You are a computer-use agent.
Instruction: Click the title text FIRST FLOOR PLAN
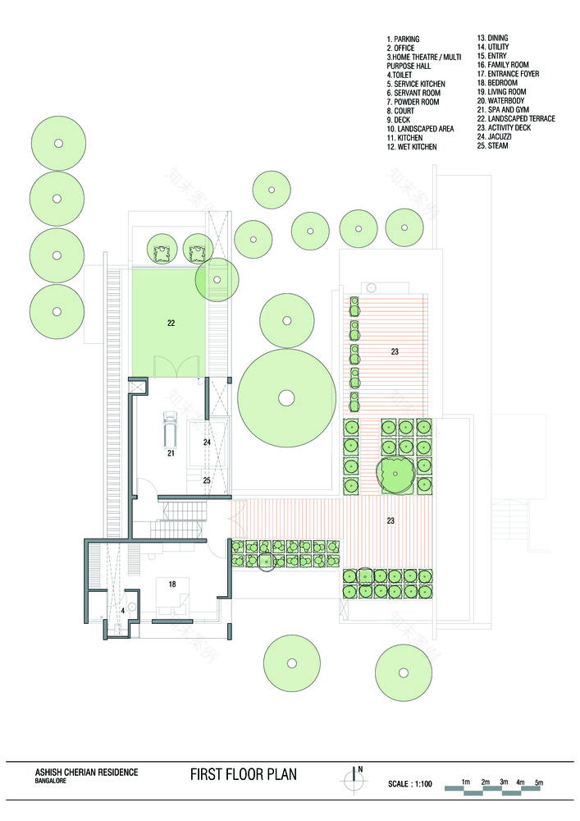[243, 774]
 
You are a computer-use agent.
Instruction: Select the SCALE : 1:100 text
[413, 785]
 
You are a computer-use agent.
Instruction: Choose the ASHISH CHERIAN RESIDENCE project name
[86, 772]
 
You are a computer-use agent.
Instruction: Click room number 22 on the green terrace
[171, 323]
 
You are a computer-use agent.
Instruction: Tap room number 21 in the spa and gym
[171, 452]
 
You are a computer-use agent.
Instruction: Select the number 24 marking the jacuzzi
[208, 443]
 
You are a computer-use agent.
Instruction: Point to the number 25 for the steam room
[207, 480]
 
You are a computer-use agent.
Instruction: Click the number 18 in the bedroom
[171, 584]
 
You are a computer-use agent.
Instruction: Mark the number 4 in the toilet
[122, 610]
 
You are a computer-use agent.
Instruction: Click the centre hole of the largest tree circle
[285, 398]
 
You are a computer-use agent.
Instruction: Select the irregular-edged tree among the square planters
[395, 474]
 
